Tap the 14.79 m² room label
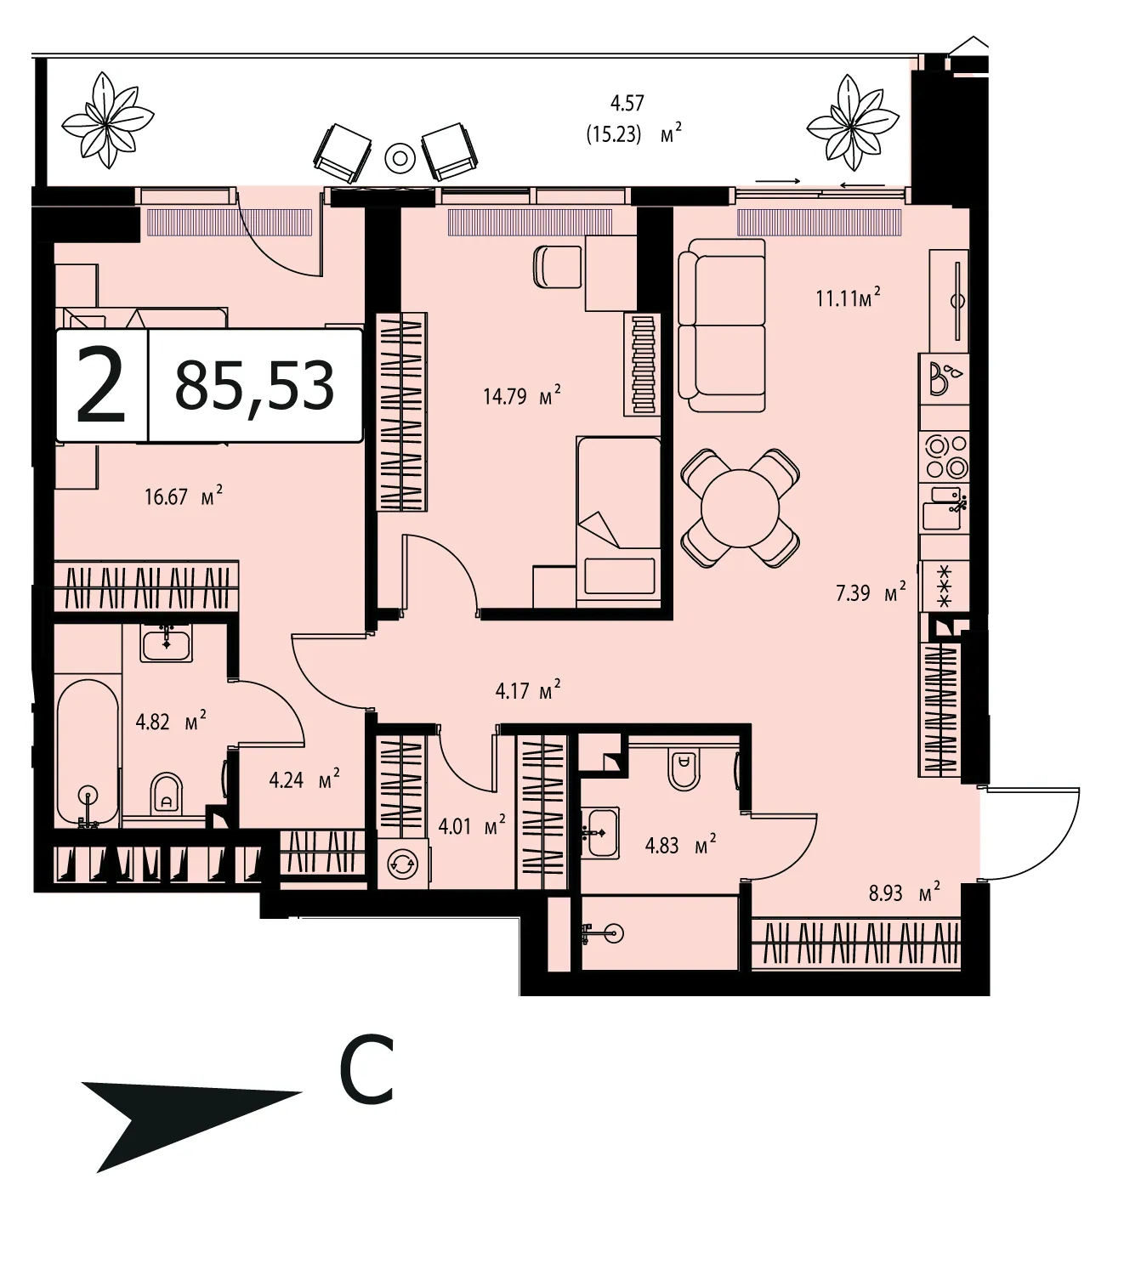tap(521, 396)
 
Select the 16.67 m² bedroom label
tap(184, 496)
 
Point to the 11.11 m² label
tap(848, 297)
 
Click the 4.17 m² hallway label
tap(528, 690)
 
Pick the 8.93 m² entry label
tap(905, 892)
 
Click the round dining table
tap(740, 507)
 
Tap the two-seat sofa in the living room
tap(722, 326)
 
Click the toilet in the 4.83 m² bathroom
tap(684, 769)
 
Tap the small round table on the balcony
tap(400, 157)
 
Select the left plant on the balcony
tap(108, 120)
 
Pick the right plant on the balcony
tap(853, 122)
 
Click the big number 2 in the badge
tap(101, 386)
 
